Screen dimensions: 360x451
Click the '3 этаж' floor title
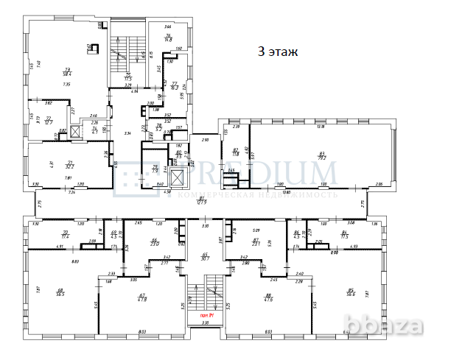click(x=277, y=52)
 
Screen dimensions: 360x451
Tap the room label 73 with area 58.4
click(x=66, y=71)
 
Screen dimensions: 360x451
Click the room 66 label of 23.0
click(x=155, y=241)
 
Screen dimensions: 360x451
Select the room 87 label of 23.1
click(x=256, y=241)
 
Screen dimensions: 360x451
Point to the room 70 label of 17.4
click(x=65, y=235)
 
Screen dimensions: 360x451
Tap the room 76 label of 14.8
click(x=168, y=38)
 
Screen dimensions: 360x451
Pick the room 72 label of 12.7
click(x=49, y=119)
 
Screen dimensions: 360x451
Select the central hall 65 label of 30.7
click(x=205, y=256)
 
